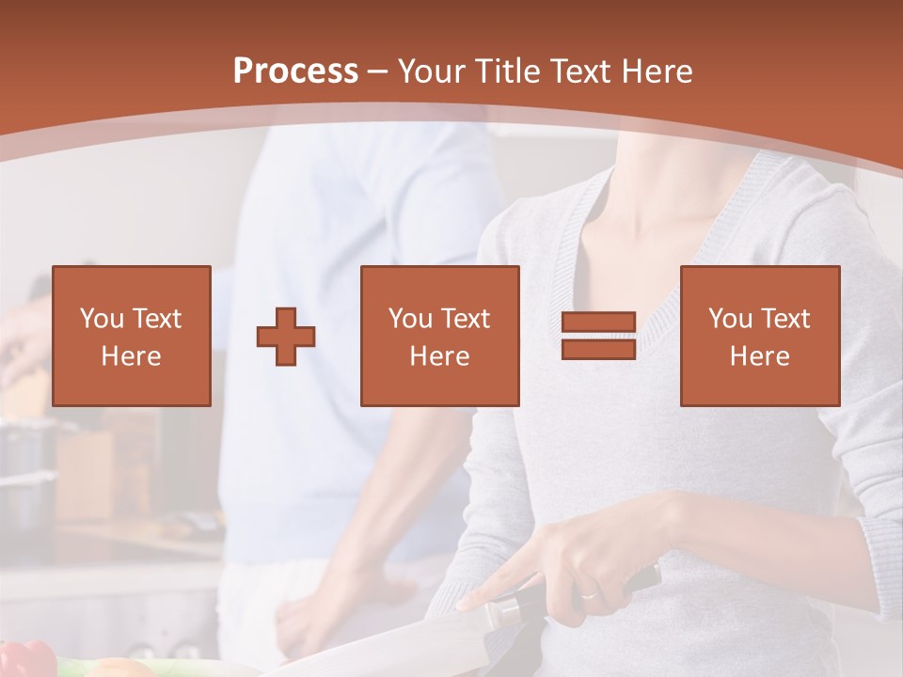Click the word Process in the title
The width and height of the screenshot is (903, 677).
[x=295, y=71]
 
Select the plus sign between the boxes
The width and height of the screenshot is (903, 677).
[x=287, y=337]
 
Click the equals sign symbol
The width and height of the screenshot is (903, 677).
[x=598, y=336]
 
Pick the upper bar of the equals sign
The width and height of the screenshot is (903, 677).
[x=598, y=323]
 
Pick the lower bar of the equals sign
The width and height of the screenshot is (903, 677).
[x=598, y=349]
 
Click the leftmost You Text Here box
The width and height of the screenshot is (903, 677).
[x=131, y=336]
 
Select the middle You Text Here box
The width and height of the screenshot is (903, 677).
[x=439, y=336]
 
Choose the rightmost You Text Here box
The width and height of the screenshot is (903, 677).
[x=759, y=336]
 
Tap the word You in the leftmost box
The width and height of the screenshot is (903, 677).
[x=102, y=319]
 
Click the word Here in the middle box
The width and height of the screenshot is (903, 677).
[x=439, y=356]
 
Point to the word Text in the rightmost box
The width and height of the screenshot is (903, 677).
[x=785, y=319]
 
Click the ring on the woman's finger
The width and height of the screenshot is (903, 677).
[x=588, y=595]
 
